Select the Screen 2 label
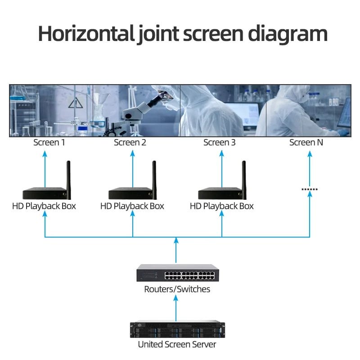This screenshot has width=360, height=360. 130,143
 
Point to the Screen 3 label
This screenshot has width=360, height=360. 219,143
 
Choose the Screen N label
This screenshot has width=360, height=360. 306,143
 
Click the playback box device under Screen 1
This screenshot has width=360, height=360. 44,193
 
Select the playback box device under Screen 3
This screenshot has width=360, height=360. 220,193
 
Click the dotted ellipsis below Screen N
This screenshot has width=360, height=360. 309,189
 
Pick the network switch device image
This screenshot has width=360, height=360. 177,273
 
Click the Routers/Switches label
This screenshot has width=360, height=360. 177,289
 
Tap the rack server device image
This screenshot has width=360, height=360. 177,329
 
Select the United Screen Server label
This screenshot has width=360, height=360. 177,345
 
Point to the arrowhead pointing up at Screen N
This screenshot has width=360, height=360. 310,153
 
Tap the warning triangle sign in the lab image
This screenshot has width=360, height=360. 75,103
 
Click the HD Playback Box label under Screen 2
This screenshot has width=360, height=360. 132,206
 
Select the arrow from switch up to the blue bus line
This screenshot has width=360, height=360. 176,250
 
